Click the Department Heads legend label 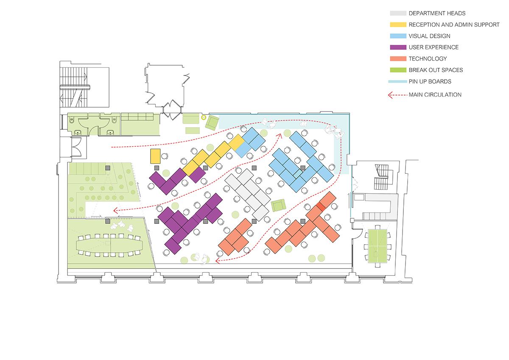(437, 14)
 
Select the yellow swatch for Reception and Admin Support (398, 25)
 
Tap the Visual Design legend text (429, 36)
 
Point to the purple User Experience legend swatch (398, 47)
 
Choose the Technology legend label (428, 59)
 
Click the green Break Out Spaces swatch (398, 70)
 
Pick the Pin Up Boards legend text (430, 81)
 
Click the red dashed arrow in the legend (397, 95)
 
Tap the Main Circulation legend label (435, 95)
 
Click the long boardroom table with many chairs (109, 245)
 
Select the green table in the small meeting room (378, 246)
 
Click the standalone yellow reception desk (155, 156)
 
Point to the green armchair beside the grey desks (278, 205)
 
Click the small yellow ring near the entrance (204, 117)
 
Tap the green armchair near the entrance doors (212, 123)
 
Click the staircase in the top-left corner (74, 87)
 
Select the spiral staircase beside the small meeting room (381, 177)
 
